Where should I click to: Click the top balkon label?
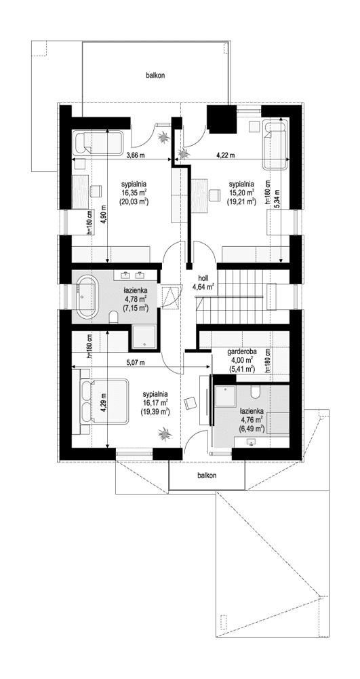pyautogui.click(x=155, y=76)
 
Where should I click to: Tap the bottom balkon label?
pyautogui.click(x=207, y=476)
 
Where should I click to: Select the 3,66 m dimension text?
pyautogui.click(x=136, y=155)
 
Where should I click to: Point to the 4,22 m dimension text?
pyautogui.click(x=225, y=155)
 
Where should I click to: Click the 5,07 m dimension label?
pyautogui.click(x=136, y=363)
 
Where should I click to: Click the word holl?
pyautogui.click(x=203, y=277)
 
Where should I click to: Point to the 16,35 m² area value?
pyautogui.click(x=135, y=193)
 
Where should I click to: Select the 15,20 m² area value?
pyautogui.click(x=241, y=193)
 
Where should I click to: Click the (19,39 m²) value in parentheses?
pyautogui.click(x=155, y=412)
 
